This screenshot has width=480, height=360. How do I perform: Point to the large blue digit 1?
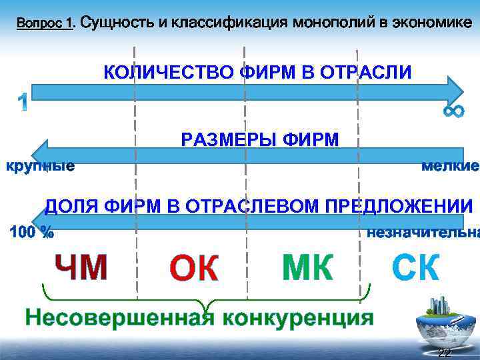[x=22, y=102]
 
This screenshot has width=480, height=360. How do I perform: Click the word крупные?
[x=40, y=166]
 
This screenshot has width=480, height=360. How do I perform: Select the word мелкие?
[x=450, y=166]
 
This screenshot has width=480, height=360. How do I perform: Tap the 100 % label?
[x=32, y=233]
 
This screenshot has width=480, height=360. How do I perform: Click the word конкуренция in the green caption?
[x=297, y=317]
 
